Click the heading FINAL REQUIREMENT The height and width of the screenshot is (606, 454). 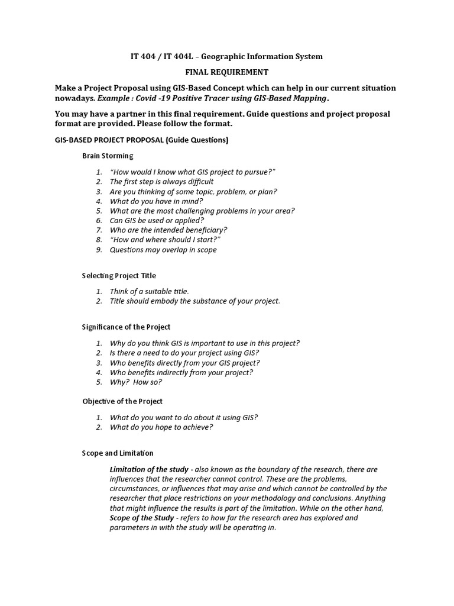pyautogui.click(x=227, y=72)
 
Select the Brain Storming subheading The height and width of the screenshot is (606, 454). pyautogui.click(x=108, y=156)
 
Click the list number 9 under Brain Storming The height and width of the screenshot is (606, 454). pyautogui.click(x=99, y=250)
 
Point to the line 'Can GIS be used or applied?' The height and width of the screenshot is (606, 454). pyautogui.click(x=157, y=220)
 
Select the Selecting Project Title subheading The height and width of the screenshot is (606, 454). pyautogui.click(x=119, y=276)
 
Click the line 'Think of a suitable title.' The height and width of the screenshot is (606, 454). pyautogui.click(x=150, y=291)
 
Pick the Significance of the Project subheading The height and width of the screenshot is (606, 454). pyautogui.click(x=126, y=327)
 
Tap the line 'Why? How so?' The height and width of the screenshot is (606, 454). pyautogui.click(x=135, y=382)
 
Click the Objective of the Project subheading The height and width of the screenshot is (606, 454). pyautogui.click(x=122, y=401)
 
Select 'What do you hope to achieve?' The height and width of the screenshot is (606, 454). pyautogui.click(x=161, y=427)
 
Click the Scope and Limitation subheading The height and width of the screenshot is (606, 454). pyautogui.click(x=118, y=453)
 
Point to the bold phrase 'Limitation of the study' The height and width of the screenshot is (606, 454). pyautogui.click(x=149, y=469)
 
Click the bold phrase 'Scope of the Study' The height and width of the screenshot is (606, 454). pyautogui.click(x=142, y=518)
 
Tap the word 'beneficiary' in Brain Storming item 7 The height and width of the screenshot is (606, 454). pyautogui.click(x=206, y=230)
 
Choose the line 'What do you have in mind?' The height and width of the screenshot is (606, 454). pyautogui.click(x=156, y=201)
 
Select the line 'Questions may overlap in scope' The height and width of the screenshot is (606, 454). pyautogui.click(x=163, y=250)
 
